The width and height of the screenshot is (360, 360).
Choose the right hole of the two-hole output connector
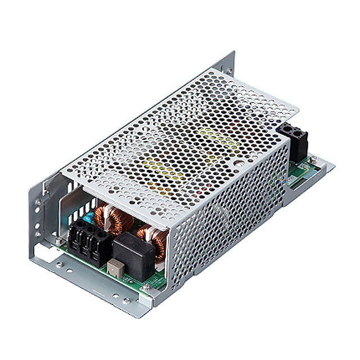click(x=304, y=134)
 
